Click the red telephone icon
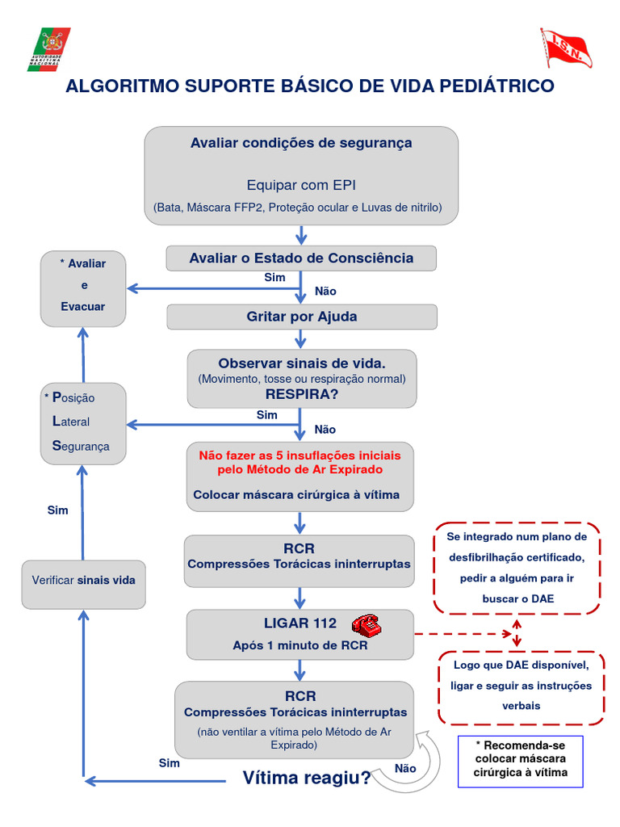pos(367,625)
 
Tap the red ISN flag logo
pos(565,48)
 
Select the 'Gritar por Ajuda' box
pos(301,317)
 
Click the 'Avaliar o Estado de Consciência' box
pos(301,258)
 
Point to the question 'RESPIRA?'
pos(301,394)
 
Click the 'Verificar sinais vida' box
pos(83,581)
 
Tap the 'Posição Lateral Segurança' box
pos(83,423)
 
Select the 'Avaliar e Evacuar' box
pos(83,286)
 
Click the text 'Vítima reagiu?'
pos(307,778)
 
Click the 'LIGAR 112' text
pos(298,623)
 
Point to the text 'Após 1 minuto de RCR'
pos(300,645)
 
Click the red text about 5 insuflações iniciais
pos(300,462)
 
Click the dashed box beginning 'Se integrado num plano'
pos(517,568)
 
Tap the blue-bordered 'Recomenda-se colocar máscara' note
pos(521,759)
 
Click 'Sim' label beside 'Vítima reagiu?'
pos(169,762)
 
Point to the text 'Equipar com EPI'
pos(301,185)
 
